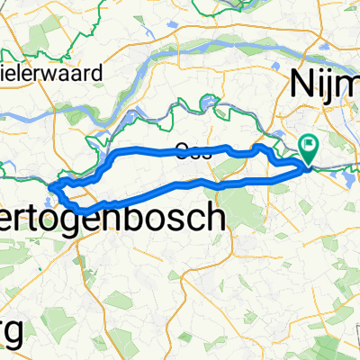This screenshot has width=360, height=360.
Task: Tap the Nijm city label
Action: click(x=324, y=85)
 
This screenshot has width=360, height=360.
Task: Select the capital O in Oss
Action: click(x=184, y=151)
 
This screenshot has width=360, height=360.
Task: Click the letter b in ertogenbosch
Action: click(x=165, y=216)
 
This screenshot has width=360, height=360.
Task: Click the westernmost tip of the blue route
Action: click(x=51, y=186)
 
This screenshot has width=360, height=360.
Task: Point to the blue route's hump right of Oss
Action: click(x=260, y=147)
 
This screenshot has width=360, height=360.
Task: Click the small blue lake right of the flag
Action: click(x=346, y=179)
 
